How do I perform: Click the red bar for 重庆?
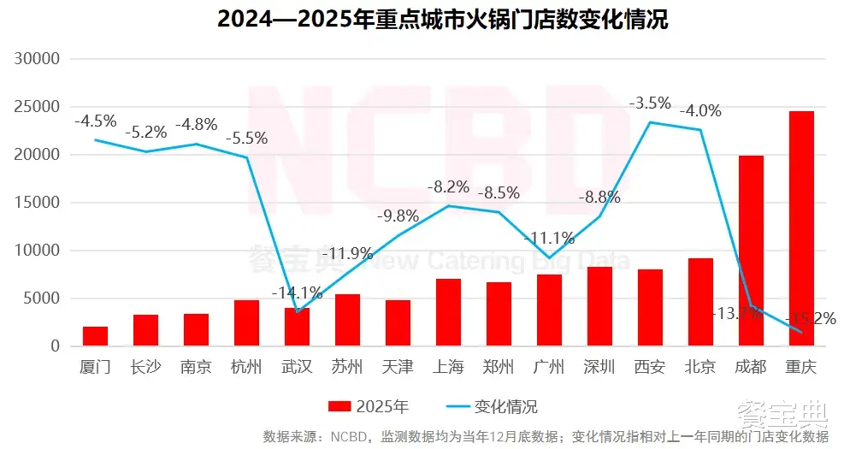[x=801, y=228]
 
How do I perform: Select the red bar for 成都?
[x=751, y=251]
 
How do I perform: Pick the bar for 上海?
[x=448, y=312]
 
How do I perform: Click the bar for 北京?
[x=700, y=302]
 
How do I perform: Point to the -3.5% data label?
[x=650, y=103]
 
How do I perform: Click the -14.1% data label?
[x=297, y=292]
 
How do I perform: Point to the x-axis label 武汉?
[x=297, y=368]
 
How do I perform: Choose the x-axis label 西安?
[x=650, y=368]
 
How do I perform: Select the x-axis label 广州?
[x=549, y=368]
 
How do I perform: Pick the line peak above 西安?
[x=650, y=122]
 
